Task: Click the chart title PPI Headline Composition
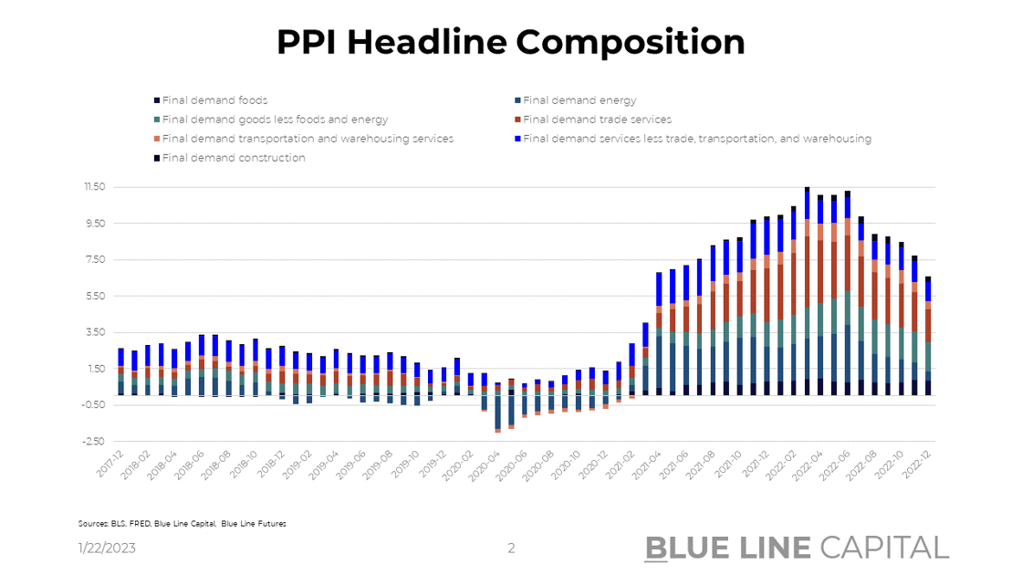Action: pos(511,42)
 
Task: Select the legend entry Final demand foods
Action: pos(215,100)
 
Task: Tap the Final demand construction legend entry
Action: pos(234,158)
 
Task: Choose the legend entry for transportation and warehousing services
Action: pos(308,139)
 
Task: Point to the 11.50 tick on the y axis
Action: pos(94,187)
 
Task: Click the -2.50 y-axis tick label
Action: pos(94,441)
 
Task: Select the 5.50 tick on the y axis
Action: pos(95,296)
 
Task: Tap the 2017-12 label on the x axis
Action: pos(111,467)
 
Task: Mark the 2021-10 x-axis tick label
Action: pos(730,467)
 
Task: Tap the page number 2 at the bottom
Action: pos(511,548)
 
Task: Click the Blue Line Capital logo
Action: pos(797,547)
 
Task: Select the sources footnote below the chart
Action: pos(182,524)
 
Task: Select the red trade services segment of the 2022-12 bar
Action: pos(928,325)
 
